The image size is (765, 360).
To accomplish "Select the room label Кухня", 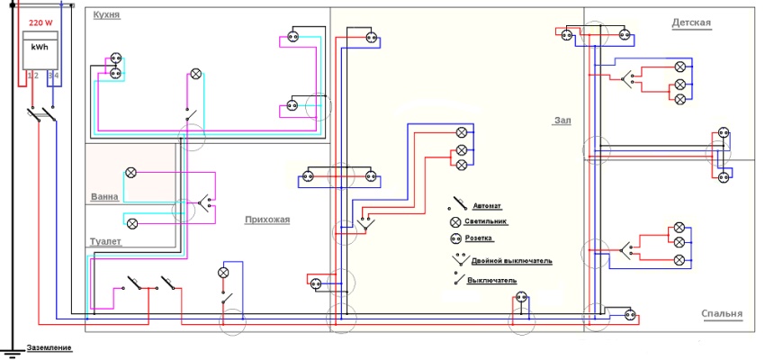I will tap(105, 16).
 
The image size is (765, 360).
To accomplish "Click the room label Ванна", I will tap(105, 196).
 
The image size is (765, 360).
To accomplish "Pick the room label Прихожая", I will tap(267, 219).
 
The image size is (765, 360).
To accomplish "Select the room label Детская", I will tap(691, 22).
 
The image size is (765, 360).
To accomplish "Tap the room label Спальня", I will tap(722, 314).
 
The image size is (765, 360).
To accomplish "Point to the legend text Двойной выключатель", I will tap(511, 261).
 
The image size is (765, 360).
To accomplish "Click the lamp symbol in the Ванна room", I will tap(131, 171).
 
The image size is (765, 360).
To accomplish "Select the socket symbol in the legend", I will tap(456, 238).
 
